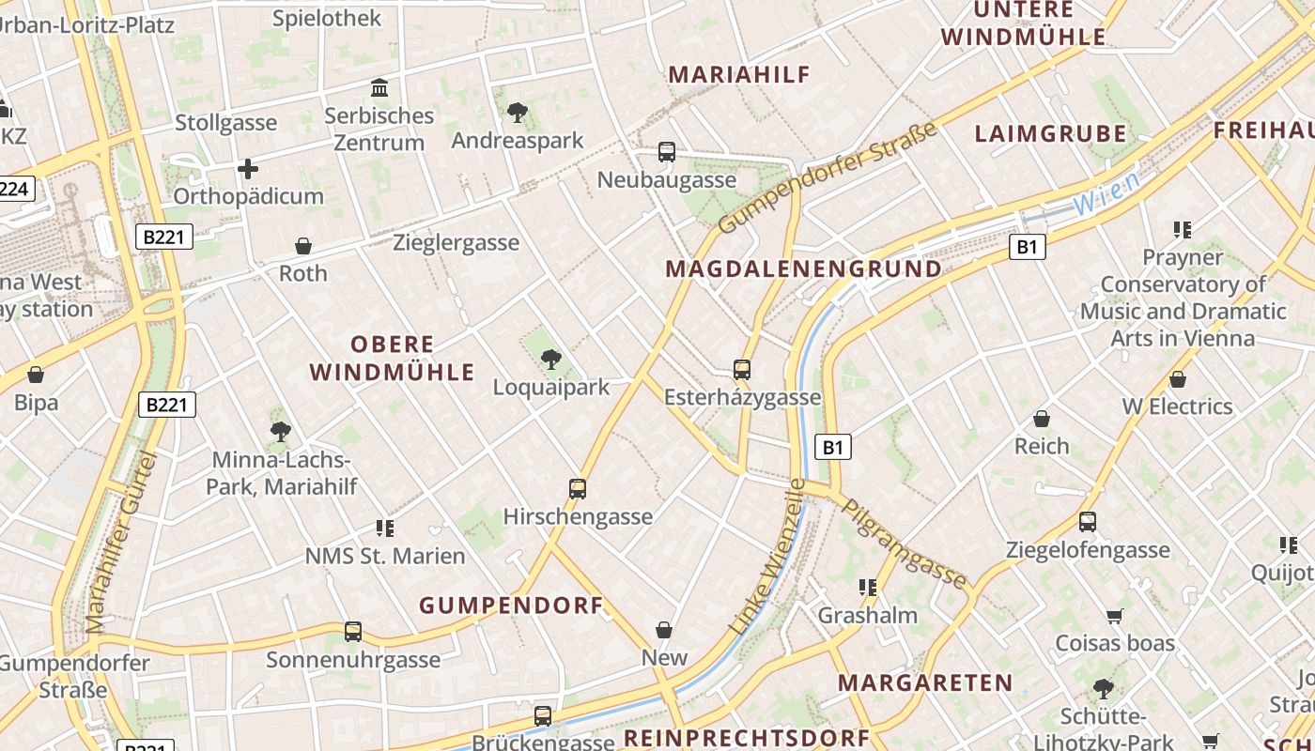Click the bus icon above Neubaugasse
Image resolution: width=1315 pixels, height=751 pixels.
[x=667, y=151]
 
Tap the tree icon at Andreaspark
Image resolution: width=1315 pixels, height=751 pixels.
[x=517, y=113]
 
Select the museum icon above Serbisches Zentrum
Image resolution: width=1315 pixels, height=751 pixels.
[x=379, y=88]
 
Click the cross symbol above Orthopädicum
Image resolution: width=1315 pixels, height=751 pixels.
[x=248, y=169]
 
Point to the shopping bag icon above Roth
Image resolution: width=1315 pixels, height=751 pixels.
[x=303, y=246]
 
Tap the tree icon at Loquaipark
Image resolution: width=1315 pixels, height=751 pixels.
[x=551, y=359]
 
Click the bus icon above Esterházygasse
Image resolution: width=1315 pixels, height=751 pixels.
[x=742, y=369]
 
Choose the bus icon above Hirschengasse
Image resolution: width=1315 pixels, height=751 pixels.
[x=578, y=488]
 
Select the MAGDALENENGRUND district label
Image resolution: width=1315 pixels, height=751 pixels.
[x=803, y=268]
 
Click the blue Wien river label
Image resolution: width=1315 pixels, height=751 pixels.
[x=1106, y=192]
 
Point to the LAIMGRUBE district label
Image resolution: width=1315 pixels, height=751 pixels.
[x=1050, y=133]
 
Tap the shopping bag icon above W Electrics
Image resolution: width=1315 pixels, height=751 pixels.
[x=1178, y=379]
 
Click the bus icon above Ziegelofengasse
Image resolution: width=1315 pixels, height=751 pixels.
[x=1088, y=521]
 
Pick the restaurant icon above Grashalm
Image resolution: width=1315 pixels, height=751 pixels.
[x=868, y=588]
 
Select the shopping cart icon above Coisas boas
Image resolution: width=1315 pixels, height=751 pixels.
[x=1115, y=616]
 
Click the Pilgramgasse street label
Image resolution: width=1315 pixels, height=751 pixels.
[x=904, y=543]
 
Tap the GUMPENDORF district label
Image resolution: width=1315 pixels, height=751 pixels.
[x=511, y=605]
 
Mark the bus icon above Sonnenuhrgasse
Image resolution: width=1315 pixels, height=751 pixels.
[x=353, y=632]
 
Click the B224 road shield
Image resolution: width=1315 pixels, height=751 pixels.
[x=13, y=189]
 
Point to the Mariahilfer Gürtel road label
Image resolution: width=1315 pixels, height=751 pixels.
[x=120, y=542]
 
